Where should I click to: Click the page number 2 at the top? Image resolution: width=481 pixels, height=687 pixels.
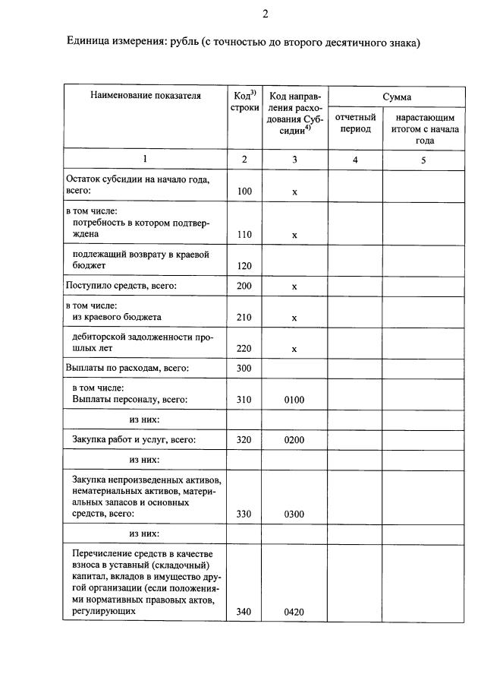point(265,13)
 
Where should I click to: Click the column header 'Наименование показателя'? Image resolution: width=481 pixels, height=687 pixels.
point(146,96)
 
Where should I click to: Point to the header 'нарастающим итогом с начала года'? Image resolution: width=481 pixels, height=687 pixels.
point(424,129)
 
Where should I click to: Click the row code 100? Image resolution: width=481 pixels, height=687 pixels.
point(244,192)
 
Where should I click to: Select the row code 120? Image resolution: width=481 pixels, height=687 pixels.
point(244,266)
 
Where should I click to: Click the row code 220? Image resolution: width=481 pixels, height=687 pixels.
point(244,349)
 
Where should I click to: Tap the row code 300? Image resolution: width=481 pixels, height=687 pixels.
point(244,369)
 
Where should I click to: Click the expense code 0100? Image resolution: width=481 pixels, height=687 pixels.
point(294,398)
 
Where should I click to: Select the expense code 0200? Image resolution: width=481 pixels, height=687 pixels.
point(294,439)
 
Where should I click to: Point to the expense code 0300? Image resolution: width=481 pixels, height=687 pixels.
point(294,514)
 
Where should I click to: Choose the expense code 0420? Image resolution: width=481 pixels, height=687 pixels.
point(294,611)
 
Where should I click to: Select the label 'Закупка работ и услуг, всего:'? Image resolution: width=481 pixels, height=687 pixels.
point(134,439)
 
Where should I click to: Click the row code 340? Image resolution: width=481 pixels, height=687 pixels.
point(244,611)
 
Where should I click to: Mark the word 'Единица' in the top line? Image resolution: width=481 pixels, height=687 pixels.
point(90,43)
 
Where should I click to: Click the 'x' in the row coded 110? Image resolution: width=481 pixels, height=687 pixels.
point(294,235)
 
